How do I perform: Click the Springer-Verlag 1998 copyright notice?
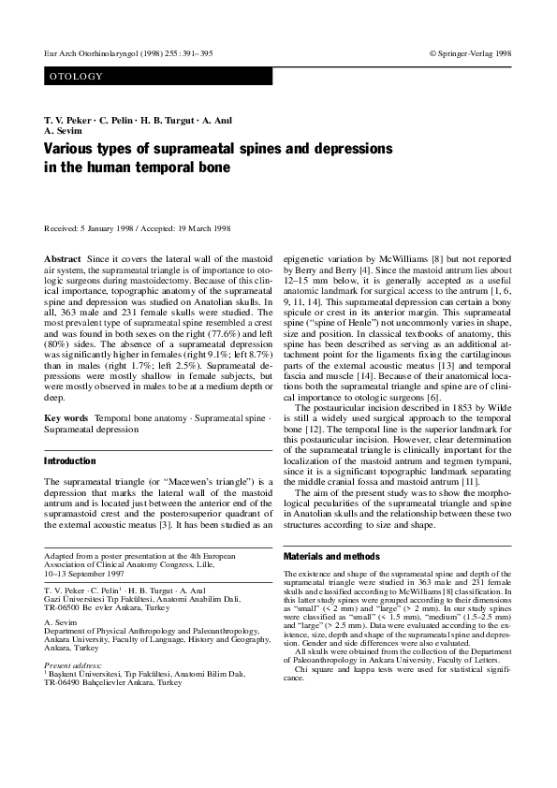470,53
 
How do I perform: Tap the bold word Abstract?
62,256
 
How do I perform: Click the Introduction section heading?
70,461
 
